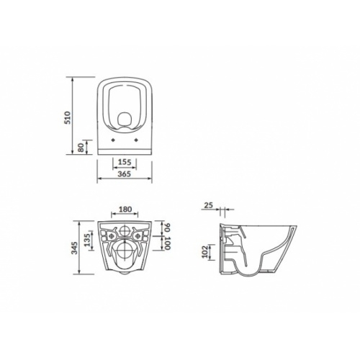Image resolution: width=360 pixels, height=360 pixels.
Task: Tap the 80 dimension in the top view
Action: [x=79, y=148]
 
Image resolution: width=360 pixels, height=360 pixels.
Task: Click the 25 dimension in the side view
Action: [x=209, y=207]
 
